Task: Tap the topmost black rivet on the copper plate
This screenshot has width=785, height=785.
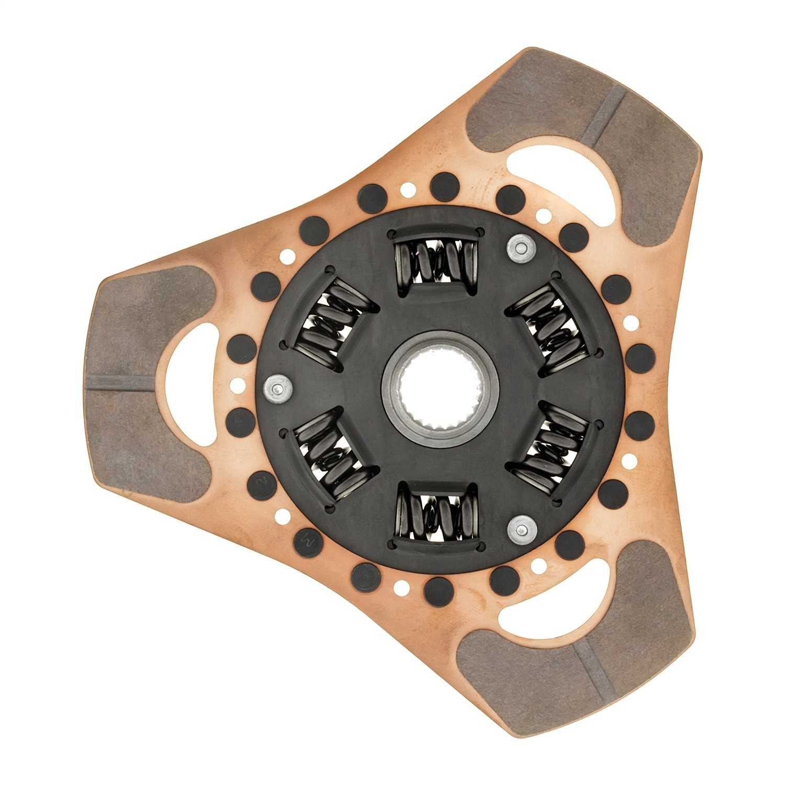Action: click(x=444, y=186)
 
